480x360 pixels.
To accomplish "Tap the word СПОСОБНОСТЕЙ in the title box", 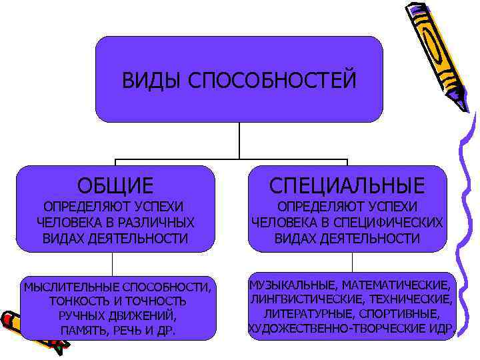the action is [x=269, y=81].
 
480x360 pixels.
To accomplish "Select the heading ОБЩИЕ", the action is [x=115, y=184].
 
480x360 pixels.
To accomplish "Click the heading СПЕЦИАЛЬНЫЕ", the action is [x=347, y=184].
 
